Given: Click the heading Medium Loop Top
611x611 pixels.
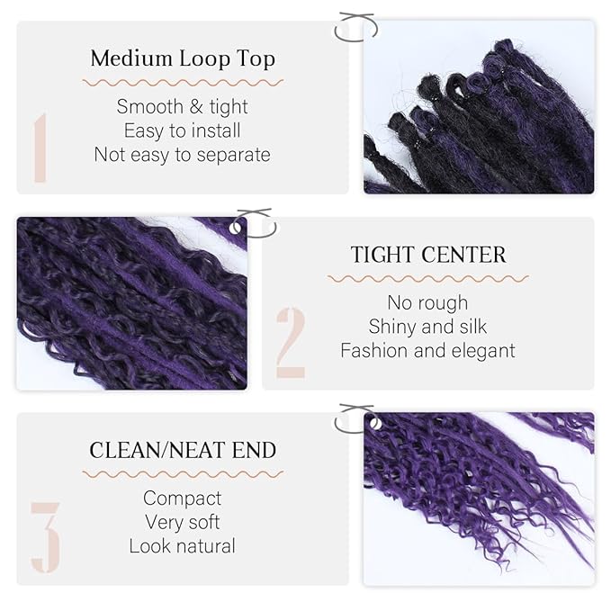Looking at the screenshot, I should (182, 59).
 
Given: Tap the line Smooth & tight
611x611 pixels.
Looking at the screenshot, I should (182, 107).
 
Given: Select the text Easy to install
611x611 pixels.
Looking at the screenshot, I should (182, 130).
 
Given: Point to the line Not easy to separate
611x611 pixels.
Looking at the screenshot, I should (182, 154).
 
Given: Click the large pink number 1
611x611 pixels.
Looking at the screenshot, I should (40, 147).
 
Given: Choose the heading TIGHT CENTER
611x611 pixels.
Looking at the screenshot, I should (428, 255).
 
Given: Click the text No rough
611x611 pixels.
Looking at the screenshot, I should (427, 302).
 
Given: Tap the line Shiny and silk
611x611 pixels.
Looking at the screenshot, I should (427, 326).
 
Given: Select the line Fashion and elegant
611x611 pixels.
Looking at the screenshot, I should (427, 350).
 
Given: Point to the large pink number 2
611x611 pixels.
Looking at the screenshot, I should (290, 342).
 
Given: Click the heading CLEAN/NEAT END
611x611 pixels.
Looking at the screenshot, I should (183, 450).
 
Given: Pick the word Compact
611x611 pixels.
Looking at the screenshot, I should (182, 498).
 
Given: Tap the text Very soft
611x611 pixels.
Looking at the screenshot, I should (182, 522).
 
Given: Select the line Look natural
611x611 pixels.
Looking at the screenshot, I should (182, 545).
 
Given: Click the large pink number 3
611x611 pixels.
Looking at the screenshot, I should (45, 537).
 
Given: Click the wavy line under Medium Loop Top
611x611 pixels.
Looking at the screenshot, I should (182, 82).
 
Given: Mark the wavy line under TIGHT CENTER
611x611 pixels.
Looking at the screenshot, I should (427, 278).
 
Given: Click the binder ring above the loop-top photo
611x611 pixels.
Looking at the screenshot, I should (353, 27).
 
